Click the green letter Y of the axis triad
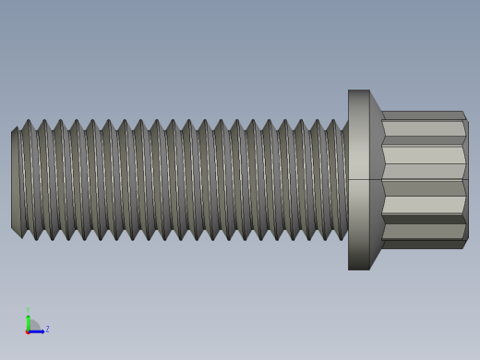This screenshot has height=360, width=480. click(x=28, y=311)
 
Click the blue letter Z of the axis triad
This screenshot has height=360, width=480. click(x=47, y=329)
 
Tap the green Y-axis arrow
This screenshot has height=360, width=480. click(x=28, y=320)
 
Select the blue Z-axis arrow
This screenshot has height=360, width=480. click(x=38, y=330)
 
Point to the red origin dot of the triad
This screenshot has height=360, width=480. click(x=28, y=330)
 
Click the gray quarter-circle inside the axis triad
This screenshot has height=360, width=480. click(x=33, y=325)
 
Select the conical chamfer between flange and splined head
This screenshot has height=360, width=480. click(x=376, y=180)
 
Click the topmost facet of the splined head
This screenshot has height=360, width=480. click(x=423, y=115)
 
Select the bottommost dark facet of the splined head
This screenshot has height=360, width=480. click(x=423, y=245)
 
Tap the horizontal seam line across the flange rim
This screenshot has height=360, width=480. click(x=358, y=179)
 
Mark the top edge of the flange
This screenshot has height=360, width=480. click(x=358, y=90)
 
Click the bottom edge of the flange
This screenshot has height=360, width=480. click(x=358, y=270)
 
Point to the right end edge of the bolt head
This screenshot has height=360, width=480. click(x=467, y=180)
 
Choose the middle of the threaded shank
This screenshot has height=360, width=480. click(x=180, y=180)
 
